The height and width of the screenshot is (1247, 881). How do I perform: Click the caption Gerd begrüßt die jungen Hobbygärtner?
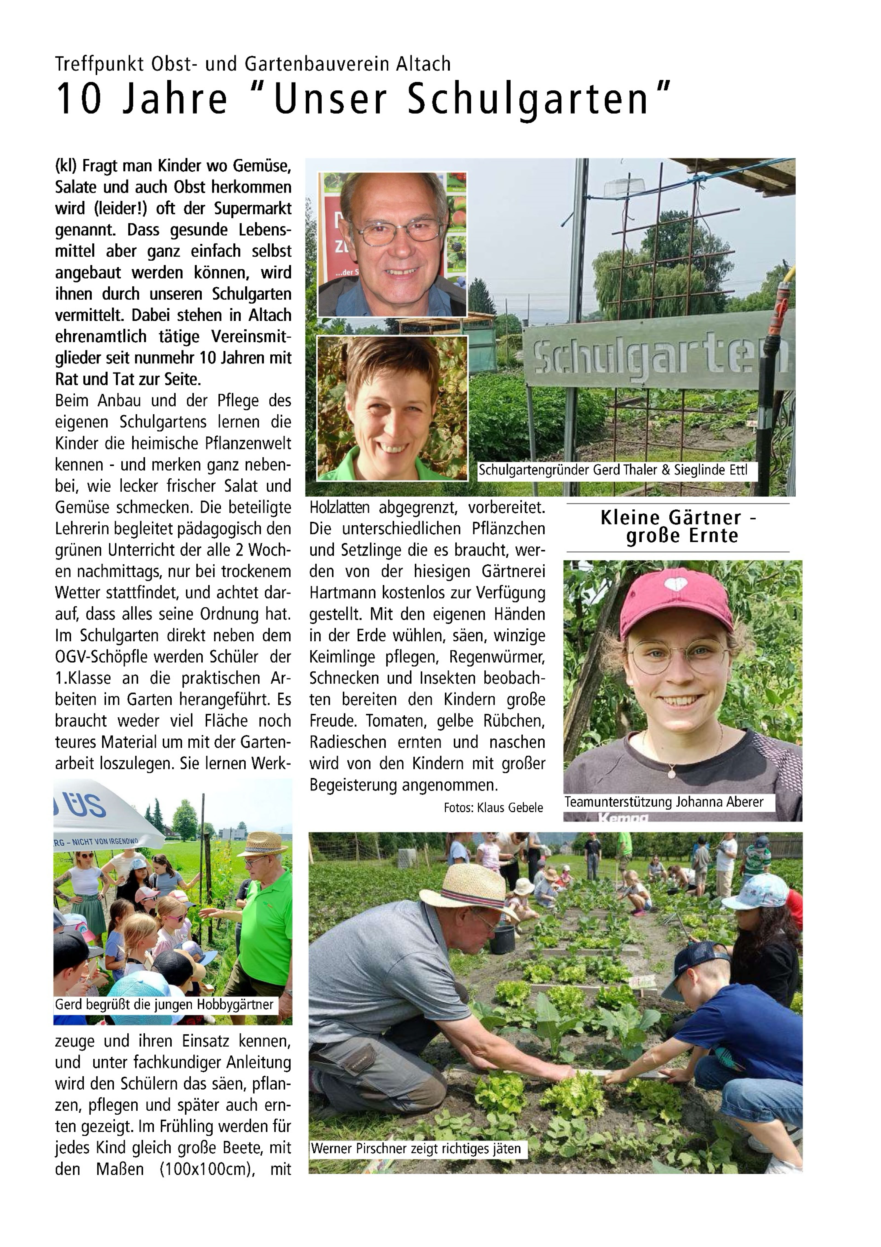[x=164, y=1004]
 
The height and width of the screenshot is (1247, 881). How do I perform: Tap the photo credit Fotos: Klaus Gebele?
[x=493, y=808]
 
